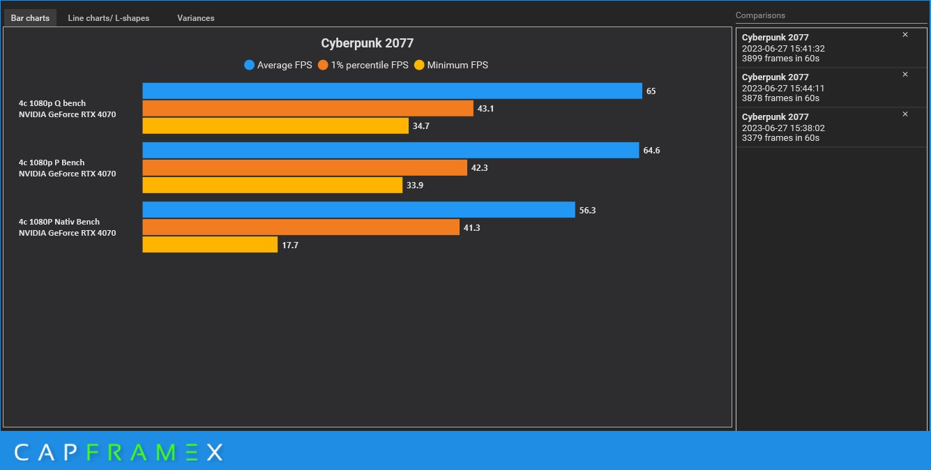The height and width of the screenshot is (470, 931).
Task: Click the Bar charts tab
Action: coord(30,18)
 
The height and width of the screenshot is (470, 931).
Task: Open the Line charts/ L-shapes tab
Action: coord(108,18)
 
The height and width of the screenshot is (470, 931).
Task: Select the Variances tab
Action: coord(195,18)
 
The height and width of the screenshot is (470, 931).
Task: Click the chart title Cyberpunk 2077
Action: coord(367,43)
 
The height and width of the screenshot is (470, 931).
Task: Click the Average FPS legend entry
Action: coord(278,66)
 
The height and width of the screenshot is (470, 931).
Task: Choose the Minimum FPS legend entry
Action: coord(451,66)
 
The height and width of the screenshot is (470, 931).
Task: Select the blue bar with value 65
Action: coord(392,91)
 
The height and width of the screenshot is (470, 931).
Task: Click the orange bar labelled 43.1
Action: coord(308,109)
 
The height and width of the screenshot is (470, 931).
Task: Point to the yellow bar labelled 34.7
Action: coord(275,126)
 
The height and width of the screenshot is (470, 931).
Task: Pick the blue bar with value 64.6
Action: coord(391,151)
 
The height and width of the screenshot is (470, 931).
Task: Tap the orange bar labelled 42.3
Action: coord(305,168)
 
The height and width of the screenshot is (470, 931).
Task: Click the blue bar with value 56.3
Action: coord(358,210)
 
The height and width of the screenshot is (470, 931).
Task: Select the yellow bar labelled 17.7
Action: coord(210,245)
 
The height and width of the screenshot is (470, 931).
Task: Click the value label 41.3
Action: coord(472,227)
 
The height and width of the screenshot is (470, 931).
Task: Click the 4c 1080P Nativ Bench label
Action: coord(59,222)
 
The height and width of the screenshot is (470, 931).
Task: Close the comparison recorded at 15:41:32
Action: coord(905,35)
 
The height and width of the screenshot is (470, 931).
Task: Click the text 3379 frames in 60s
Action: coord(780,138)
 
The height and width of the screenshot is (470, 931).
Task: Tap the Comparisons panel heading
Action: coord(760,15)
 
